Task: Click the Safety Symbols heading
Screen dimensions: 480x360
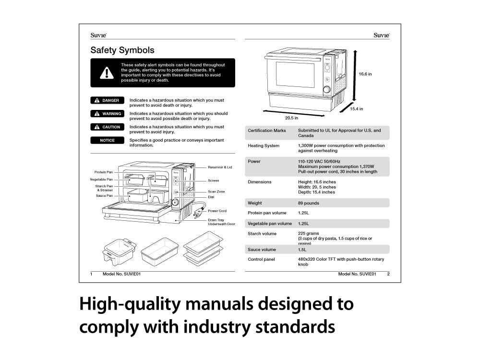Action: point(122,50)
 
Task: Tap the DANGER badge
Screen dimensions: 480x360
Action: point(107,100)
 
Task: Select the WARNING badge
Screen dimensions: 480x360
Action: point(107,114)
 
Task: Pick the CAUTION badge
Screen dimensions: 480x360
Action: point(107,127)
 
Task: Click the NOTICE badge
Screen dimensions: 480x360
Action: point(107,140)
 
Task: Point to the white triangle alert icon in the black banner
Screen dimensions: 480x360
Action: point(107,73)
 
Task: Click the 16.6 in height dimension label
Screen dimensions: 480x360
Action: point(365,74)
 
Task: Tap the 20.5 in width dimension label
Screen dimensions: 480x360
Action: point(291,118)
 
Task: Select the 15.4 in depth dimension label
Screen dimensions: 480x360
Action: point(356,108)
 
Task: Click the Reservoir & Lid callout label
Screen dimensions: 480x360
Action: point(220,167)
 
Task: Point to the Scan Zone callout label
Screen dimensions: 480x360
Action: point(216,192)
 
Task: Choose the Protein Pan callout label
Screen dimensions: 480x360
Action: point(104,172)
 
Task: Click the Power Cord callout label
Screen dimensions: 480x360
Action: point(217,211)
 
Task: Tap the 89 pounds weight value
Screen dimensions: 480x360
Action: point(309,203)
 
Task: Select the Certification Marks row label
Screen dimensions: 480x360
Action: point(266,131)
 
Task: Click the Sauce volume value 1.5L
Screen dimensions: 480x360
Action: point(302,250)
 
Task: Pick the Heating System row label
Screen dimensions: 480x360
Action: point(263,146)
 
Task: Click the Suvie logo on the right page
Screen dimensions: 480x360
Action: point(382,35)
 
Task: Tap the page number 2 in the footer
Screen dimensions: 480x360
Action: point(388,274)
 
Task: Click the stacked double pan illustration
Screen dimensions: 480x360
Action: point(203,249)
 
